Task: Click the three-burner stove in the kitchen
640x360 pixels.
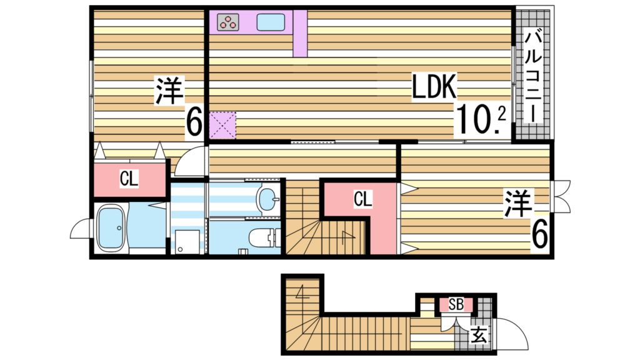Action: [228, 22]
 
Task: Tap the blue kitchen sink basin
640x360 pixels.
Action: [271, 22]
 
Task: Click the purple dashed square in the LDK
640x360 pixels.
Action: [223, 124]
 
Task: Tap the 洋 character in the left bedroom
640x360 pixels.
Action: [169, 92]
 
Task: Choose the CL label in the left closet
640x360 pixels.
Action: [129, 179]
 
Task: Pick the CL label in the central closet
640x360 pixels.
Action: [362, 199]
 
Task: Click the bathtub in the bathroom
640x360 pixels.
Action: [112, 228]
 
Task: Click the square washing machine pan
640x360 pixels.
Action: [186, 242]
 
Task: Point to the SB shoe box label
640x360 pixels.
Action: [456, 305]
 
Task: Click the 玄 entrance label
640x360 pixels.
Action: [478, 336]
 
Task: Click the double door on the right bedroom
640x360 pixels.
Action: [561, 197]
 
